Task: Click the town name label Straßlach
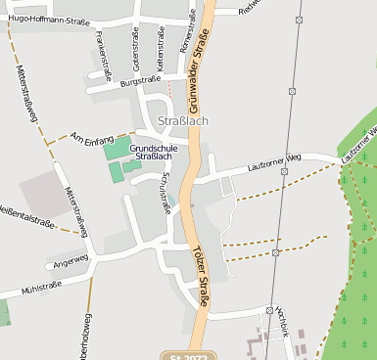(179, 121)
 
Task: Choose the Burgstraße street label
(140, 80)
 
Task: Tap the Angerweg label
(71, 261)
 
